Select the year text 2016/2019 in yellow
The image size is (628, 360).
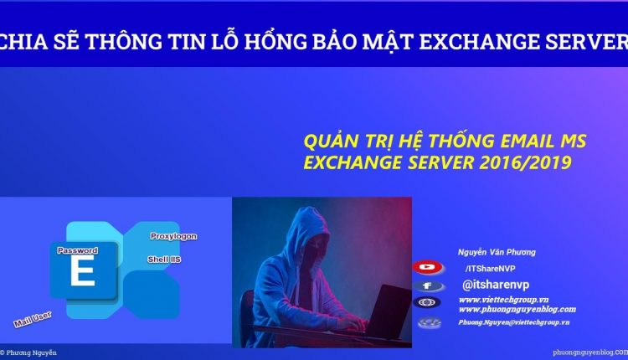[524, 162]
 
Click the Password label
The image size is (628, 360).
[78, 250]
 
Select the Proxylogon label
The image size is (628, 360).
[173, 236]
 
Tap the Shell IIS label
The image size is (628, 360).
[164, 259]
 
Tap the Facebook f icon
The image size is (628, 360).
[428, 285]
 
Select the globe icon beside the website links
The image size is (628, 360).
[428, 303]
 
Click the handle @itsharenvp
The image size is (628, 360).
[496, 285]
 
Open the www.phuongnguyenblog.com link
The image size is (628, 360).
[517, 309]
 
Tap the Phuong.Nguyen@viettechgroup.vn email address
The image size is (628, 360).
[514, 322]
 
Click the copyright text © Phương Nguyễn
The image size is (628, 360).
[29, 353]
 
